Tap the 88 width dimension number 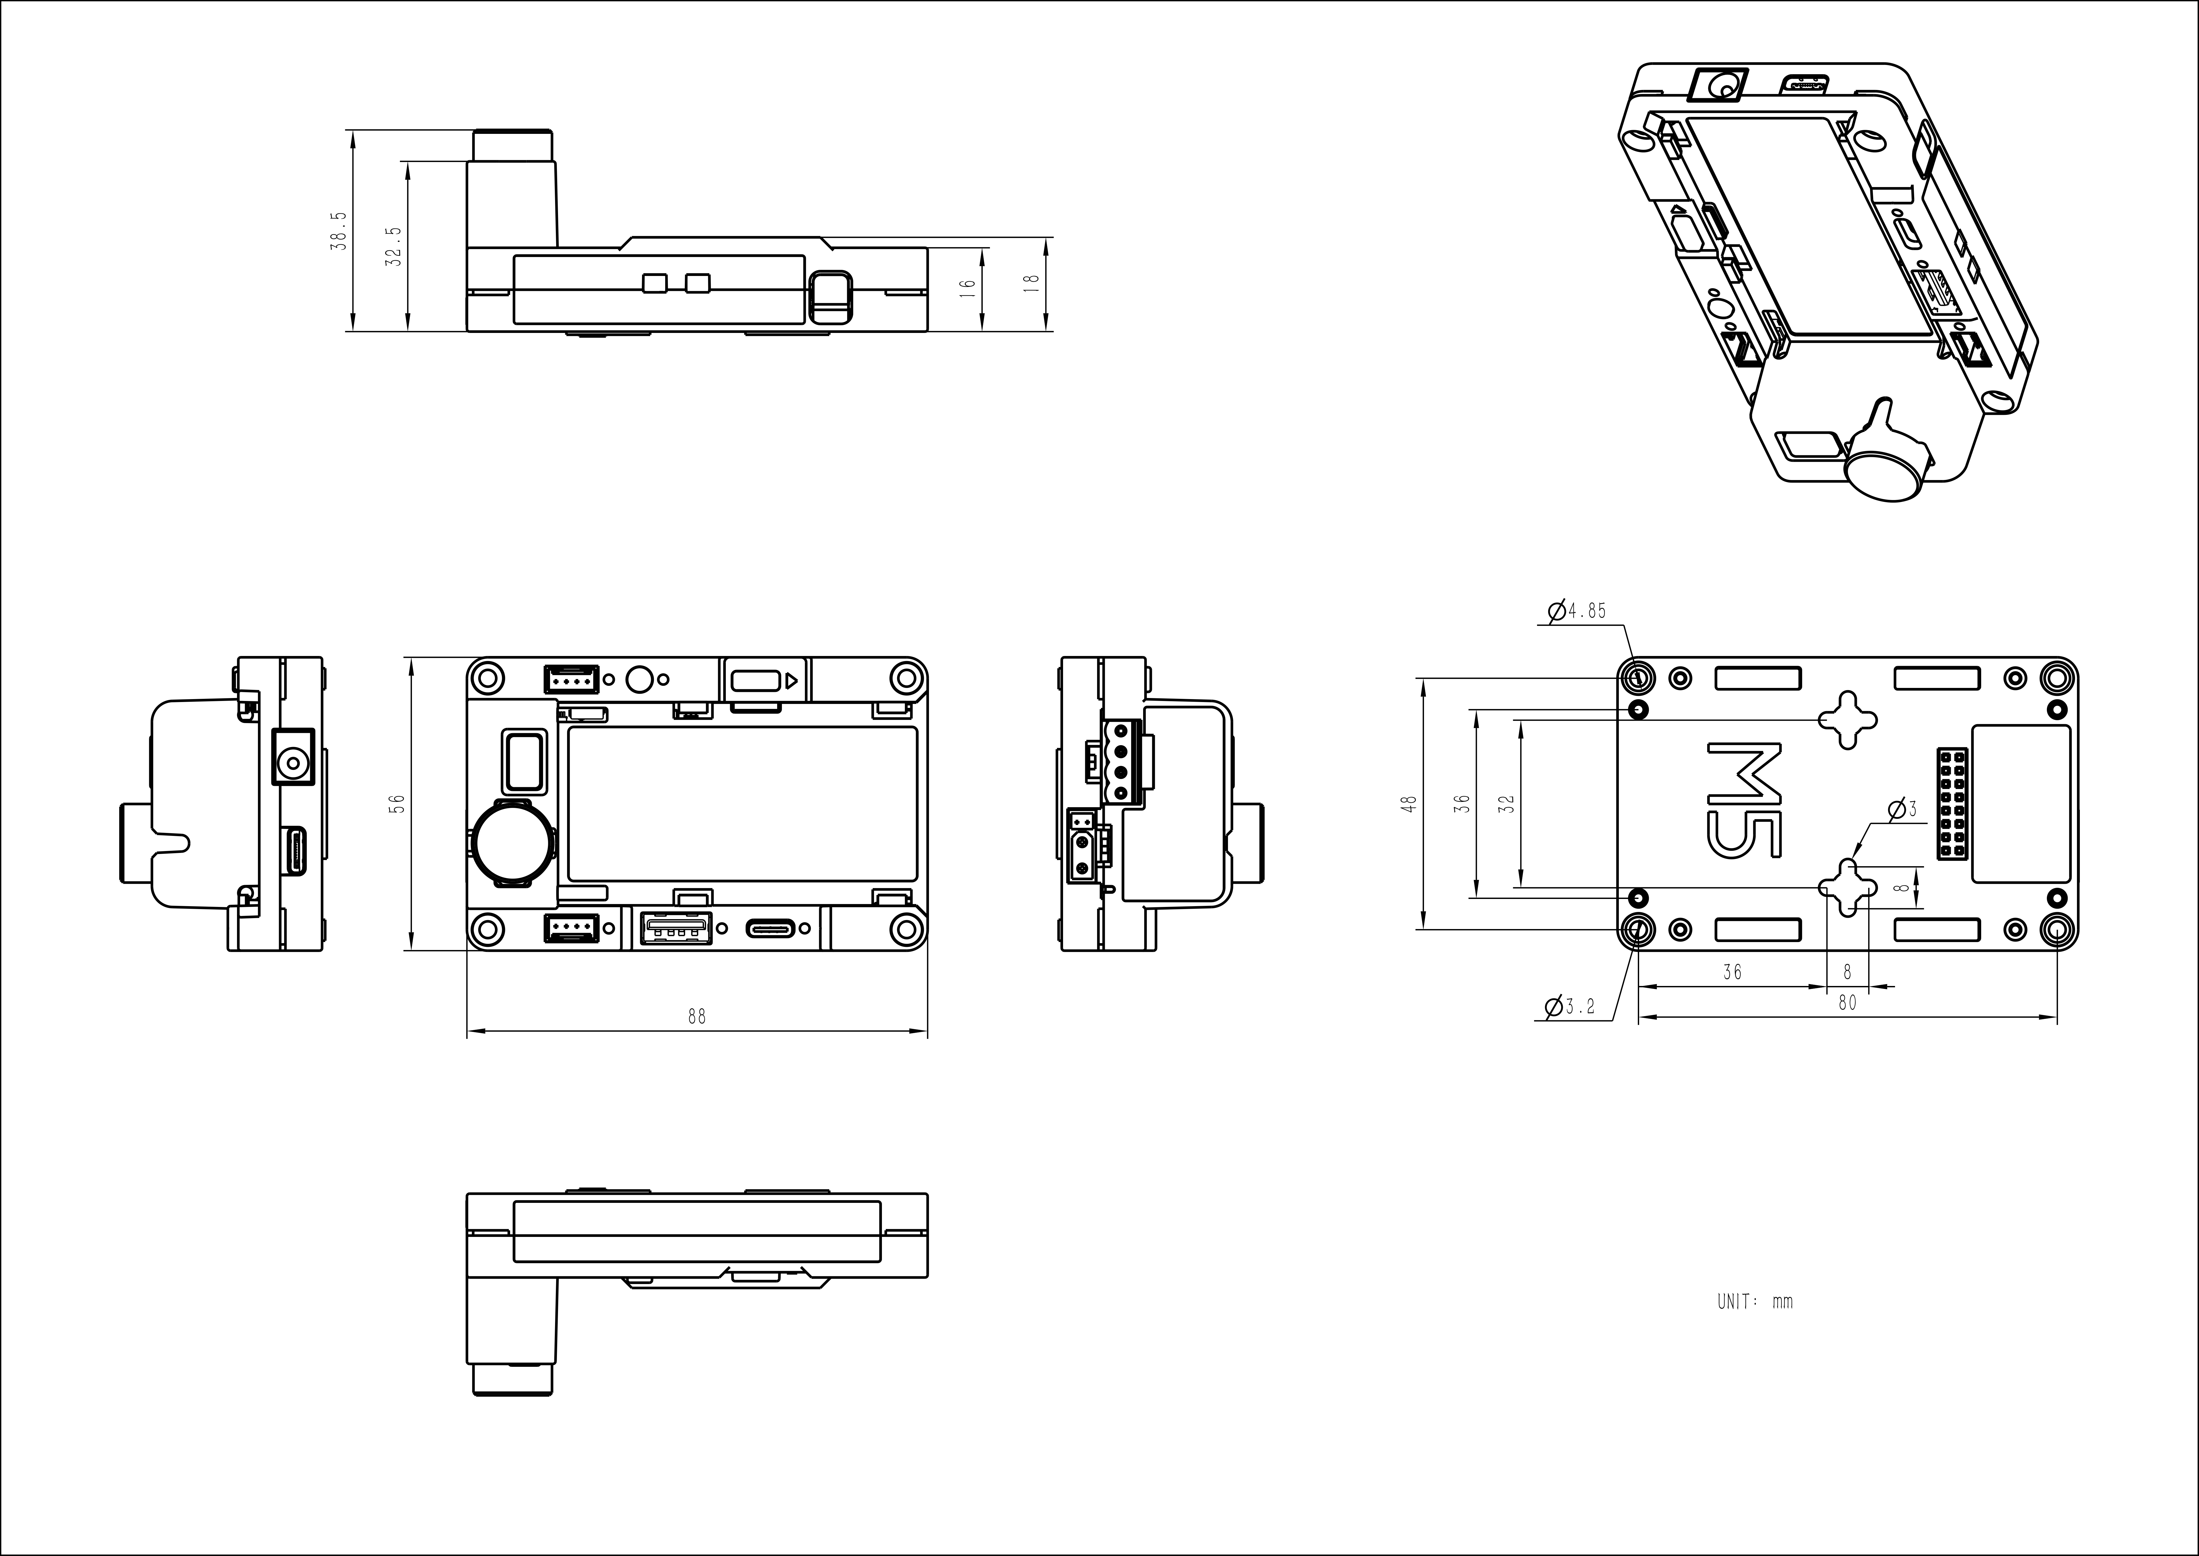[696, 1017]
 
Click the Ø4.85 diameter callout [1576, 610]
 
